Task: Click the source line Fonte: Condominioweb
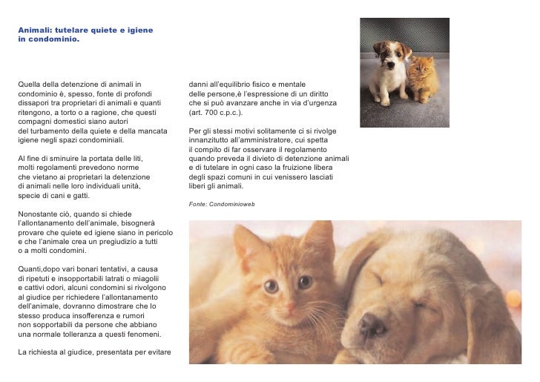222,203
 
